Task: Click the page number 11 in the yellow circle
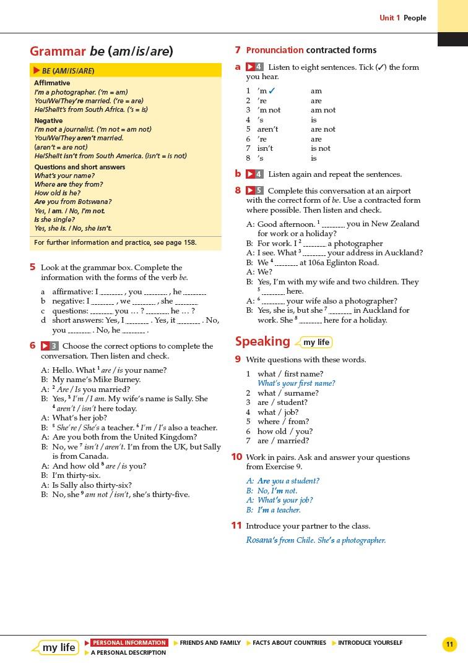(449, 645)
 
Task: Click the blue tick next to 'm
(272, 91)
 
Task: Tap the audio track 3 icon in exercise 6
(50, 346)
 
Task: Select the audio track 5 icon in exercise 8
(254, 190)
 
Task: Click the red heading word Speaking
(262, 341)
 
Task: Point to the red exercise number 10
(236, 457)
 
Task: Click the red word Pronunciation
(274, 50)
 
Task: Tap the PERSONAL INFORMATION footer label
(129, 643)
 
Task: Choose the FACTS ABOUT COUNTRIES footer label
(288, 643)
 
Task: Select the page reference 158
(189, 242)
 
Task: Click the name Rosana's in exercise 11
(261, 540)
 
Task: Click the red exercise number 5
(32, 267)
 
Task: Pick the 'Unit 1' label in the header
(389, 18)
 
